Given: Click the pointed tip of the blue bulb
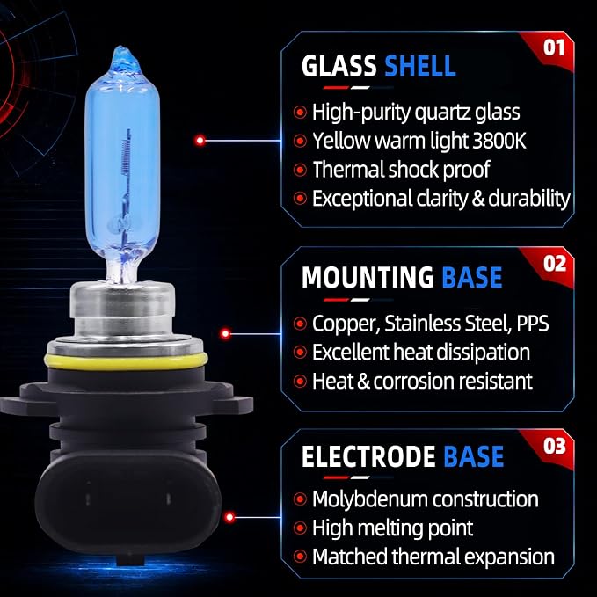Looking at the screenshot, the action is [122, 47].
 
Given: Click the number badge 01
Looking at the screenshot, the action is [554, 48].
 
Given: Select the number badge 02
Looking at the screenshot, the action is [554, 264].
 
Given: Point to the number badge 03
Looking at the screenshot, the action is [554, 446].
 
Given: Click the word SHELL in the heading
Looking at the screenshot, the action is [420, 66].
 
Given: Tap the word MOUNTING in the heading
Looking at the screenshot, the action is [368, 277].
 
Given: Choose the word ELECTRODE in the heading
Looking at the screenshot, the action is [368, 456].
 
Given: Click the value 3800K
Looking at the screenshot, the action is [499, 141].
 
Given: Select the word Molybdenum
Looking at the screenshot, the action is [369, 499].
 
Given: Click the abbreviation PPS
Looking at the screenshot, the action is [533, 324].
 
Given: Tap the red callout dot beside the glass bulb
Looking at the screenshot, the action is [200, 141].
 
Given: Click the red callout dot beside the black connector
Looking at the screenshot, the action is [229, 517].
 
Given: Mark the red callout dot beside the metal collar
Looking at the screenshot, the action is [225, 333].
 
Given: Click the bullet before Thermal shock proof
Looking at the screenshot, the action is [300, 170].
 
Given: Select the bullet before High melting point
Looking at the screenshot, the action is [300, 528].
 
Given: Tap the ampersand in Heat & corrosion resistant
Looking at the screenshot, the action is [364, 381].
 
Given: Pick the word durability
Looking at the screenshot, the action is [528, 199].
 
